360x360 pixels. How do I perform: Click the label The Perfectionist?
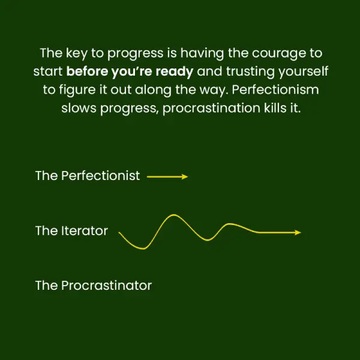point(88,176)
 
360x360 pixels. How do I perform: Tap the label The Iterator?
point(71,231)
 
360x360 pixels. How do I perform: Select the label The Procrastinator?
point(94,286)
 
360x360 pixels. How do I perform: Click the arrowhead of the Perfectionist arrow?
point(185,176)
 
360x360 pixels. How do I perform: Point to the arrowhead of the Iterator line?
point(298,233)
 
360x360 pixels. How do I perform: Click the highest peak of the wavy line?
point(173,215)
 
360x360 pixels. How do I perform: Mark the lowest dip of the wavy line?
point(143,248)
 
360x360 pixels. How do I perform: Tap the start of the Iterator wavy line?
point(119,232)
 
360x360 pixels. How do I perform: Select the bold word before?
point(87,71)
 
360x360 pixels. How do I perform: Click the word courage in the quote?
point(279,54)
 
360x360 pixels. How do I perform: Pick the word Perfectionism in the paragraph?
point(275,89)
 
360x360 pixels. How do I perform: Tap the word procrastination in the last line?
point(211,109)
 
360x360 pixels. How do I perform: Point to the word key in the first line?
point(77,53)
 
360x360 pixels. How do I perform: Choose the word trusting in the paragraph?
point(250,72)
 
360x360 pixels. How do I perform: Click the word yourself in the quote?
point(303,71)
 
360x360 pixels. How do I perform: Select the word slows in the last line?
point(79,108)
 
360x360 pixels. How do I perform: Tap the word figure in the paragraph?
point(77,90)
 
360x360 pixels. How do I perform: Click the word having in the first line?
point(202,53)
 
